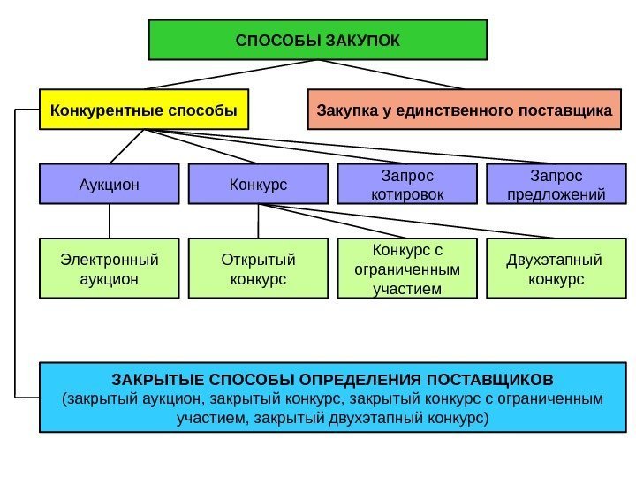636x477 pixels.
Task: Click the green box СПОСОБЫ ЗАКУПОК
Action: [318, 40]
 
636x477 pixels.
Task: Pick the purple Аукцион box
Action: [110, 185]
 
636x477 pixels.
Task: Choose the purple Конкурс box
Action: [258, 185]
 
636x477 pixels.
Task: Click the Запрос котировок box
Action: [407, 185]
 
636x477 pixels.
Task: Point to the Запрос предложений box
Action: [553, 185]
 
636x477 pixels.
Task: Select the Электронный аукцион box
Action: [110, 269]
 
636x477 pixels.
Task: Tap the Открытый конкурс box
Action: [258, 269]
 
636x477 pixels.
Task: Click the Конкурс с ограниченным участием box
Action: [407, 269]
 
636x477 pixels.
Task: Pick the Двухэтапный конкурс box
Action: [555, 269]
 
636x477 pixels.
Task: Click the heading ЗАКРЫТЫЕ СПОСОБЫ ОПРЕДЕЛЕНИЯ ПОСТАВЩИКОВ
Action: [331, 380]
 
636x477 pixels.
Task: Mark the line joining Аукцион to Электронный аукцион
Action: [110, 221]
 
